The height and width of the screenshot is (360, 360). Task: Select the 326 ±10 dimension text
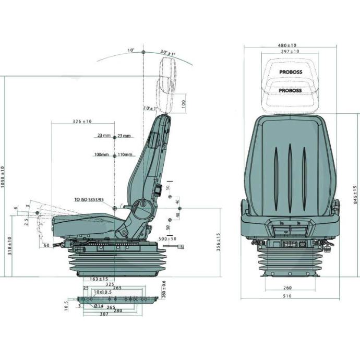point(81,122)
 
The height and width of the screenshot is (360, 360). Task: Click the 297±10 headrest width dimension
point(290,52)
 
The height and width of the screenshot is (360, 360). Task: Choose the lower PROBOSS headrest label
point(290,90)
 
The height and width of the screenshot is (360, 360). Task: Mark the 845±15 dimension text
point(355,195)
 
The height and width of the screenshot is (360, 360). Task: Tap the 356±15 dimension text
point(219,241)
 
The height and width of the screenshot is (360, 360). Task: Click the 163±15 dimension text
point(99,279)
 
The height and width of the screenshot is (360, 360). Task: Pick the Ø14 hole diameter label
point(98,306)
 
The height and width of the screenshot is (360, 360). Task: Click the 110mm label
point(125,155)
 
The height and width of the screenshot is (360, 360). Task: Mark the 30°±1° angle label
point(168,53)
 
